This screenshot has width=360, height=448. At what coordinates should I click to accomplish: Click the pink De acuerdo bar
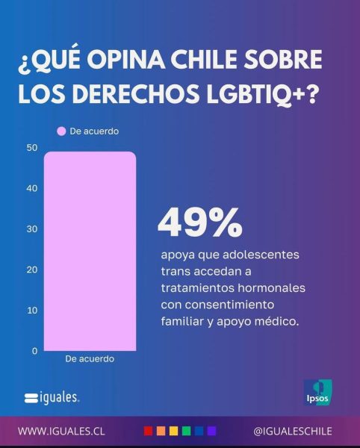[x=90, y=251]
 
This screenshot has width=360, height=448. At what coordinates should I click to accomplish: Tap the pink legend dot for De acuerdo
[x=61, y=131]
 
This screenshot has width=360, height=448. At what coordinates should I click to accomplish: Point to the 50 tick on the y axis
[x=32, y=148]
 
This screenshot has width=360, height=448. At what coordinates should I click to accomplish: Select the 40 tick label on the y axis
[x=32, y=188]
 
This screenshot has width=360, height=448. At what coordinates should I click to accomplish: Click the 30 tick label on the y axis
[x=32, y=229]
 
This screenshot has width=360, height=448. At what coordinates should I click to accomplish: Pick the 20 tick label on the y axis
[x=32, y=270]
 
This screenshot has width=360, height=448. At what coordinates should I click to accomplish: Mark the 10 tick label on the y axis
[x=32, y=311]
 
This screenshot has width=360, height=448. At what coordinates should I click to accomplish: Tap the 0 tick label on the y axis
[x=34, y=351]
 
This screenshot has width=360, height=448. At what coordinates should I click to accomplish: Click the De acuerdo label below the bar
[x=90, y=359]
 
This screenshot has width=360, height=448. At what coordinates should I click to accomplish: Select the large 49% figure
[x=200, y=223]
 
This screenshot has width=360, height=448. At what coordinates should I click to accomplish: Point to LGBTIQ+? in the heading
[x=261, y=93]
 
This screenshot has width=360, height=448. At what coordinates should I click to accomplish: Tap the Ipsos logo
[x=317, y=392]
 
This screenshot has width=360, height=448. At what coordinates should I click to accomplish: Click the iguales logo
[x=52, y=398]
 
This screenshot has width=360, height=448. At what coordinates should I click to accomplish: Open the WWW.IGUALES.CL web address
[x=61, y=431]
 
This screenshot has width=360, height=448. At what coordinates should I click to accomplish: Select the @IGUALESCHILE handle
[x=293, y=431]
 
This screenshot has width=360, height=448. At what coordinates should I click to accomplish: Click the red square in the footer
[x=148, y=431]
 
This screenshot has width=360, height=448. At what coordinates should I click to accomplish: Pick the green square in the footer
[x=186, y=431]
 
